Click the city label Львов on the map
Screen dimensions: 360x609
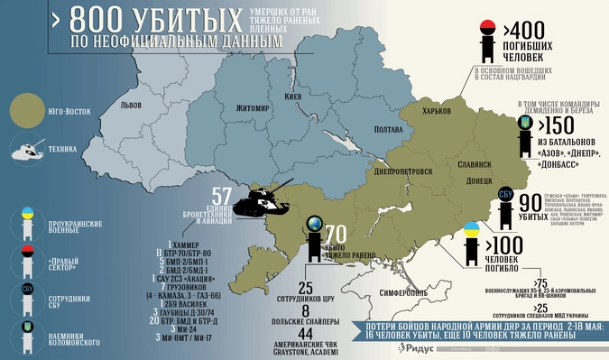click(x=137, y=106)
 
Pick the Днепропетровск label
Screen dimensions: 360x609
click(x=402, y=171)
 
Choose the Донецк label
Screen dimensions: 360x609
click(x=478, y=180)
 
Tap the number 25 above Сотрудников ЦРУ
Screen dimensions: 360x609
click(x=305, y=288)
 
